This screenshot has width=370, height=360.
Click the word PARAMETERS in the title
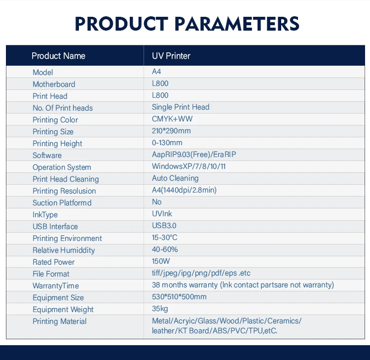tap(237, 24)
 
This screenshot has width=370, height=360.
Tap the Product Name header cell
tap(59, 56)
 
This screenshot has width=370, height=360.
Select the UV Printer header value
tap(171, 56)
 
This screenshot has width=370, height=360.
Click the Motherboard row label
tap(54, 84)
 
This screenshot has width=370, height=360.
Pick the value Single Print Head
tap(181, 107)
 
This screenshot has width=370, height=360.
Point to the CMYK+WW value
tap(172, 119)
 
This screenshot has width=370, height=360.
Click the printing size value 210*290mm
tap(171, 131)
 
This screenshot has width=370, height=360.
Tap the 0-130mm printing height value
tap(167, 143)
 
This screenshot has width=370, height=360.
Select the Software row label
tap(47, 156)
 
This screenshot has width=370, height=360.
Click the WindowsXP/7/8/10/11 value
tap(189, 166)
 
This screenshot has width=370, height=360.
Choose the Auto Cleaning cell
tap(175, 178)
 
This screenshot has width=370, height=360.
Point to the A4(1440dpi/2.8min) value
tap(185, 190)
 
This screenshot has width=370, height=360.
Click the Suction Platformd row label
tap(62, 203)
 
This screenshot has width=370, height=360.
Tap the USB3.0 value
tap(164, 226)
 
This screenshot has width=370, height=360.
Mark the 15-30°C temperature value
tap(164, 238)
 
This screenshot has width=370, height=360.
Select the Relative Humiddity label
tap(64, 250)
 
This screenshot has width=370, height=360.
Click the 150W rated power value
tap(161, 261)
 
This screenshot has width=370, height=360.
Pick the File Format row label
tap(51, 274)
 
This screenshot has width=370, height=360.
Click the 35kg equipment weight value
tap(160, 309)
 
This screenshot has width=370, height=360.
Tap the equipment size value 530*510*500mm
tap(179, 297)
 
